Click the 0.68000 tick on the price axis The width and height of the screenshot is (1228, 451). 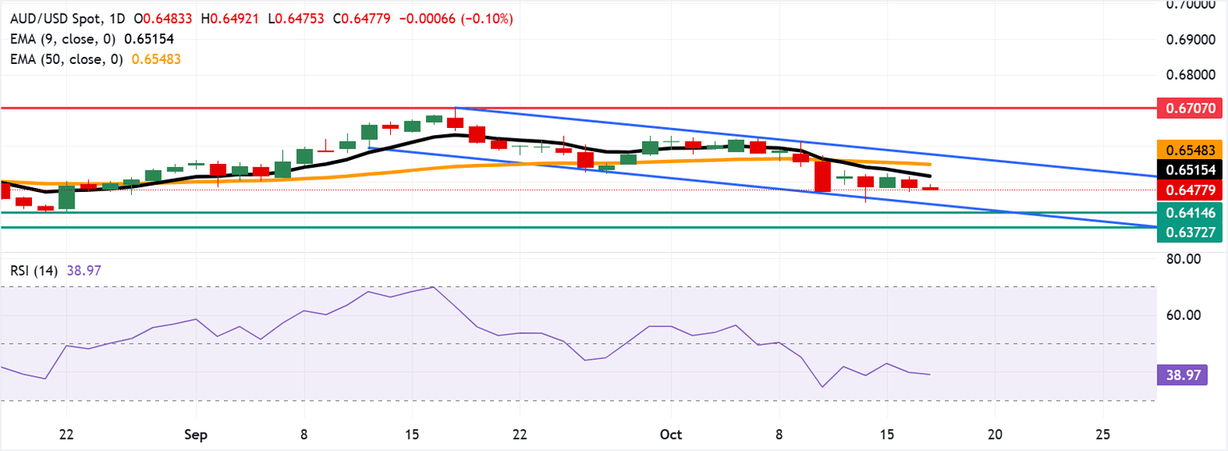(1189, 75)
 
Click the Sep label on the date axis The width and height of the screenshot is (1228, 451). (195, 434)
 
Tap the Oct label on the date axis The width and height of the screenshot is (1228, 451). (671, 434)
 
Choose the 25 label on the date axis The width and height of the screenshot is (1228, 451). (1103, 434)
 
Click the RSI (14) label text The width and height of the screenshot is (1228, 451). (37, 270)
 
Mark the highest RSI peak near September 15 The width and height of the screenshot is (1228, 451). (433, 286)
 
